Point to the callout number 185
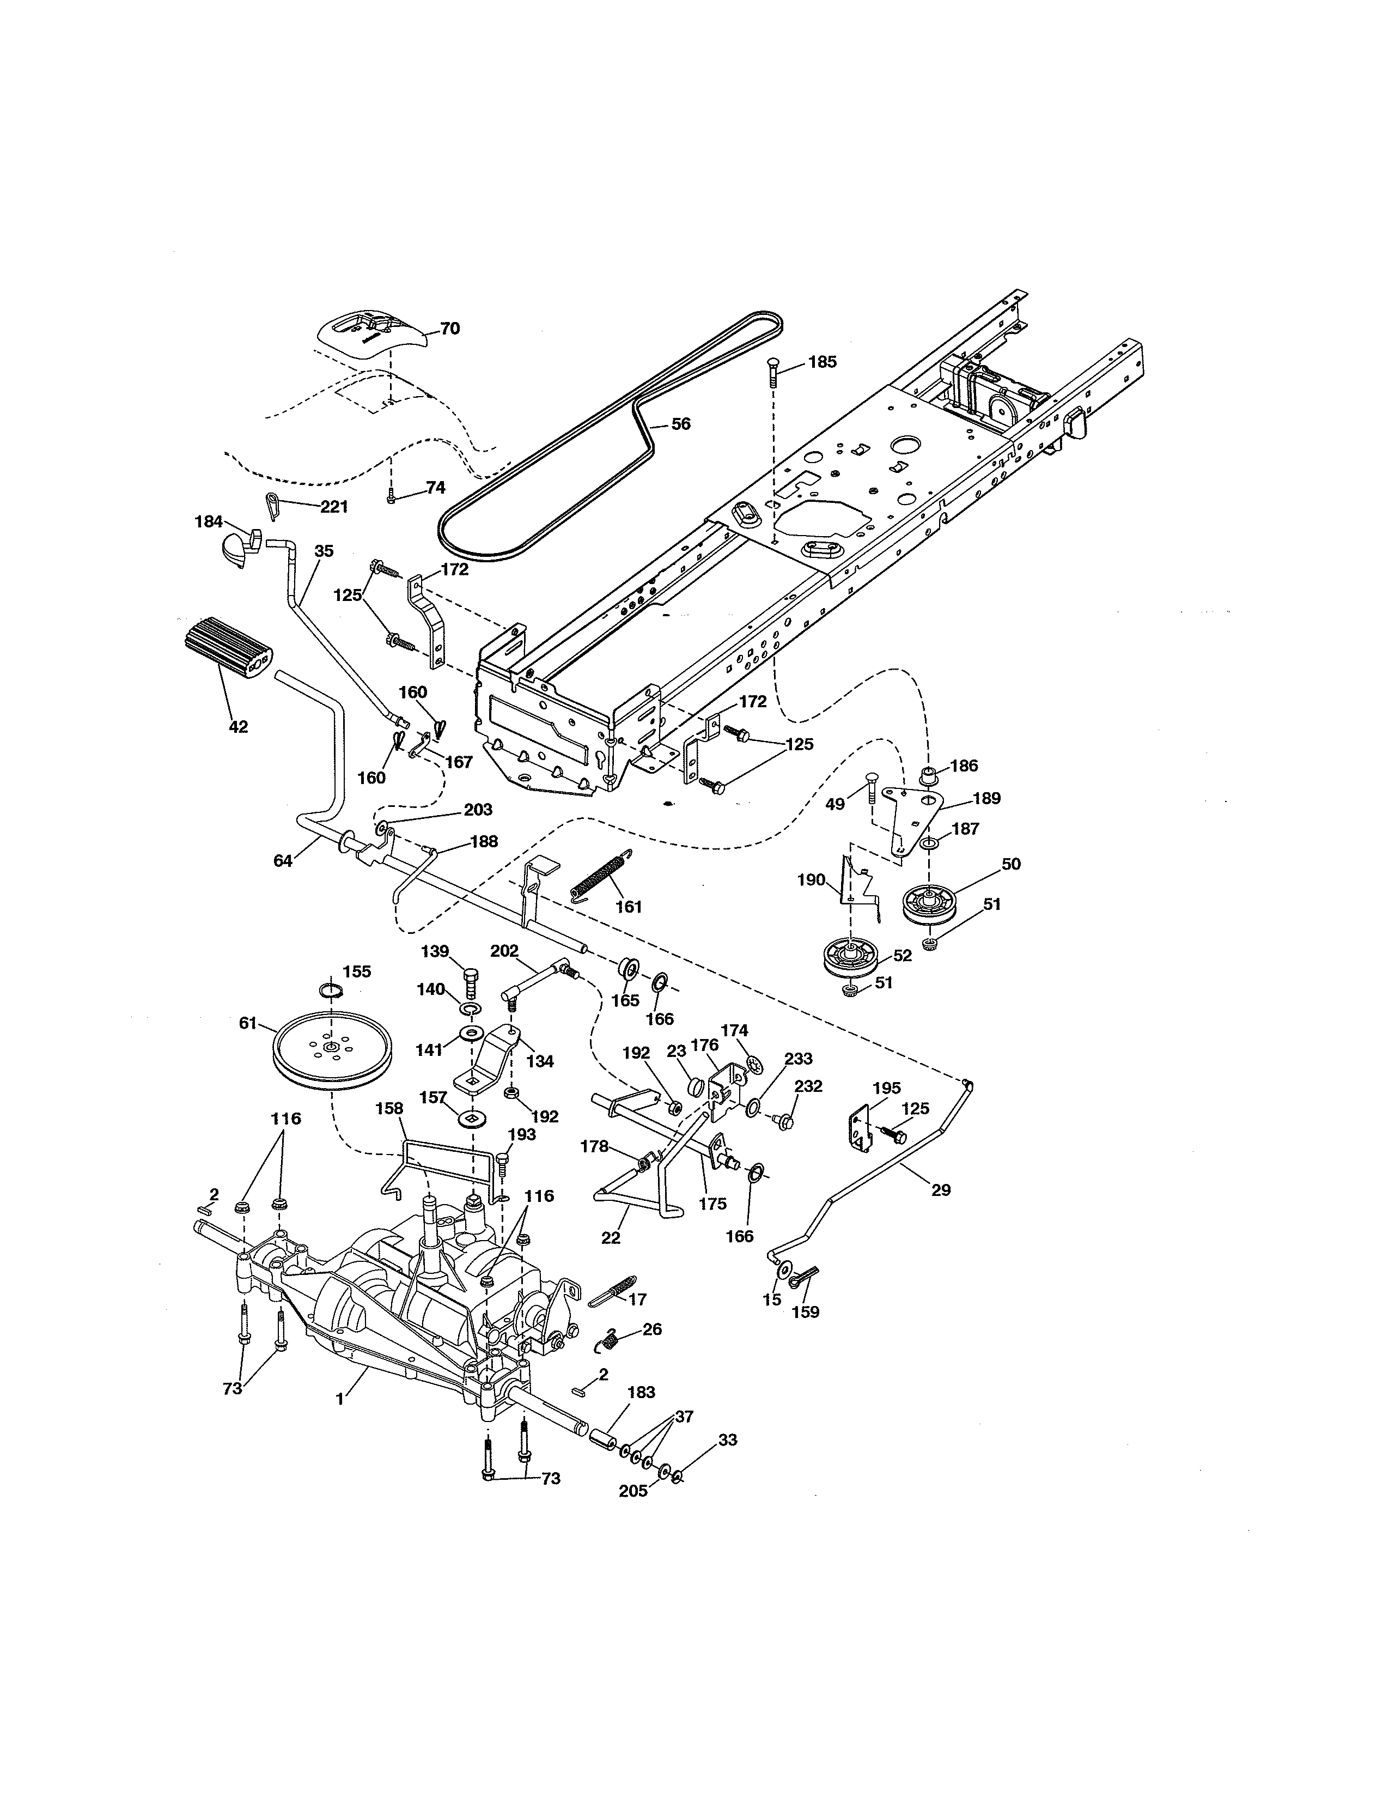pyautogui.click(x=821, y=361)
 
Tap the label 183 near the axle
pyautogui.click(x=641, y=1392)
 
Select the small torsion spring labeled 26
pyautogui.click(x=607, y=1341)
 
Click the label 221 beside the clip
pyautogui.click(x=333, y=507)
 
